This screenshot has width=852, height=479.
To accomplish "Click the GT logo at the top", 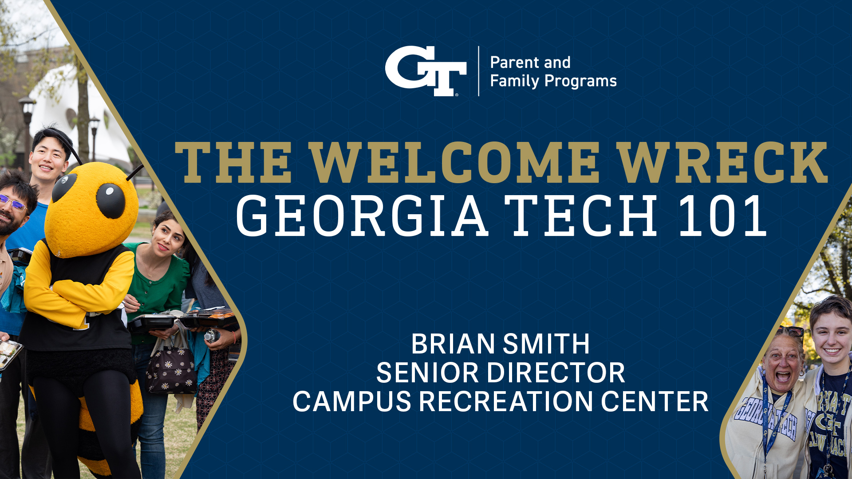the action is coord(425,71).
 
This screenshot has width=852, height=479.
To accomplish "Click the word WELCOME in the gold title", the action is coord(454,162).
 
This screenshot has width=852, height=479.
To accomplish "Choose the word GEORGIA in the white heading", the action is coord(362,216).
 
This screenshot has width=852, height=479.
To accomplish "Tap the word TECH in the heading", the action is coord(581,216).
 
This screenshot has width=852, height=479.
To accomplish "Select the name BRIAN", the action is coord(453,344).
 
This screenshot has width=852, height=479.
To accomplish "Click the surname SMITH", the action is coord(546,344).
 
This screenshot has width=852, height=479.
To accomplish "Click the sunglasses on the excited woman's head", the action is coord(790,331).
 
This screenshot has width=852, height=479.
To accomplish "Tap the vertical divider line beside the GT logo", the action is coord(478,71).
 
